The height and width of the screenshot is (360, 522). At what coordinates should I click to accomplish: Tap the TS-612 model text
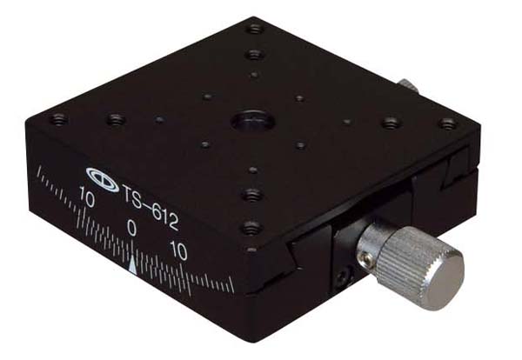[151, 207]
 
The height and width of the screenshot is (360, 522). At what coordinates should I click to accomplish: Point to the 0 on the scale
[132, 228]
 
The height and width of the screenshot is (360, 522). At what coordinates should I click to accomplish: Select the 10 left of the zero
[86, 197]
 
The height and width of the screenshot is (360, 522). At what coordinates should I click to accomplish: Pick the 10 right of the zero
[178, 250]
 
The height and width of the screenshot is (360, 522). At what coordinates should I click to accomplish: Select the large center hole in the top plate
[253, 120]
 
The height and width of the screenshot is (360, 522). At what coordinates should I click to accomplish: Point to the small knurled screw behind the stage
[408, 85]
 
